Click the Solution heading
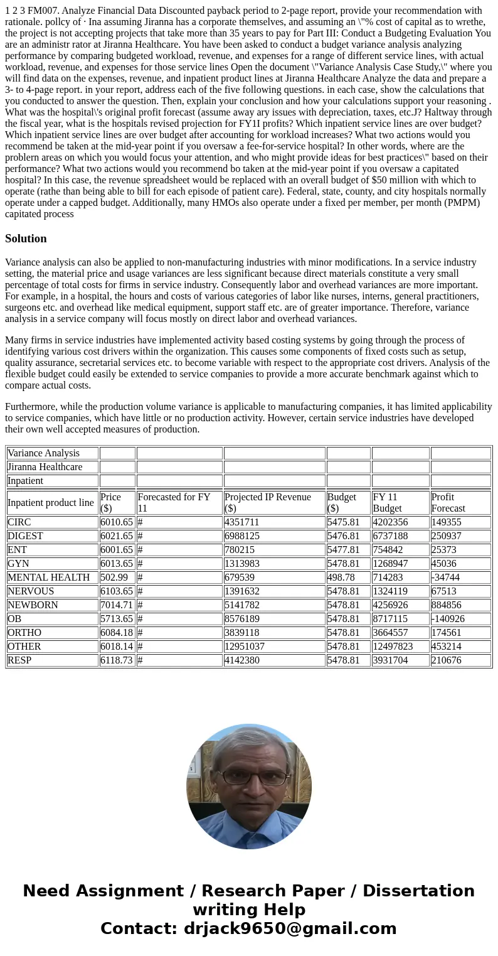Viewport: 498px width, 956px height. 26,239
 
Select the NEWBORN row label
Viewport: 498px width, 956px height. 33,605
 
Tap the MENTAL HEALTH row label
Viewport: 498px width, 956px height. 48,577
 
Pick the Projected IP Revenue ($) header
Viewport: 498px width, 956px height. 268,503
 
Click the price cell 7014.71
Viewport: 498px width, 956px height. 117,605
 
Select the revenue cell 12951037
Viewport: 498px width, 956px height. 246,647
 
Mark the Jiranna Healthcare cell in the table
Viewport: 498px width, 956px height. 45,467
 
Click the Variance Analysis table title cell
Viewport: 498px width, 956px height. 43,453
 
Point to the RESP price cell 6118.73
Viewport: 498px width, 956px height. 117,660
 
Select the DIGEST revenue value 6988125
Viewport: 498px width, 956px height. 242,536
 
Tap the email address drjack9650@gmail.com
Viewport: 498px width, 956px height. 290,929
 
